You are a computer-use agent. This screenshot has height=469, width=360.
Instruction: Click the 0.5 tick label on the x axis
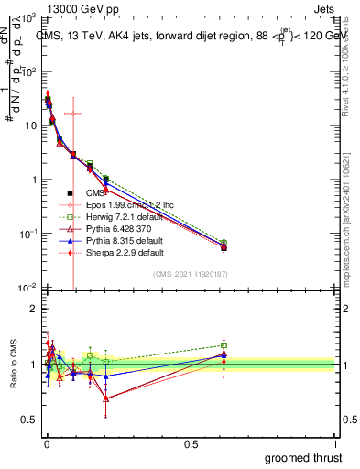click(x=191, y=443)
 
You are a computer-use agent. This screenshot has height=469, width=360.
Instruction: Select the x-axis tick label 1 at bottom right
click(x=337, y=443)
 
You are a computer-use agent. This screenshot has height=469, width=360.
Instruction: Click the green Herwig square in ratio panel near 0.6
click(x=224, y=345)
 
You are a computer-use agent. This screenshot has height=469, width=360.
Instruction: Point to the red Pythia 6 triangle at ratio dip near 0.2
click(x=106, y=398)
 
